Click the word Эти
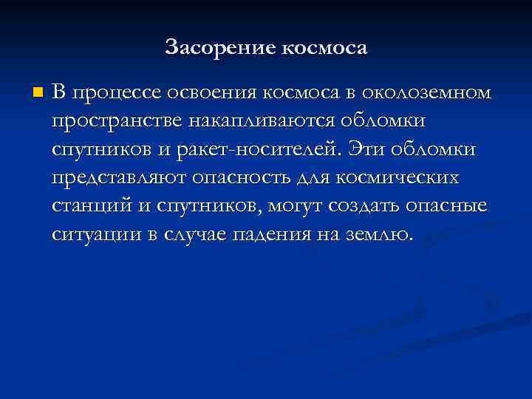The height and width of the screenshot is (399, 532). (372, 149)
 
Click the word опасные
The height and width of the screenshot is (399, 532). (451, 206)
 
